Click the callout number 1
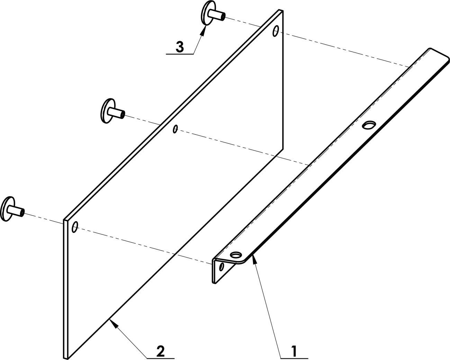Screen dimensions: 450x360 (294, 351)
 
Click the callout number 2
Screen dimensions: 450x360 (160, 351)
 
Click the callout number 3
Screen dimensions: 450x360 (180, 47)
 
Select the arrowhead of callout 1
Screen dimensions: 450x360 (254, 259)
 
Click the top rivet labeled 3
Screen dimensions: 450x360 (212, 14)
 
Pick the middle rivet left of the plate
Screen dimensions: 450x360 (112, 111)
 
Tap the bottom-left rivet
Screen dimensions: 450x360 (12, 209)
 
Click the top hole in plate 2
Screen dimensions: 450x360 (276, 31)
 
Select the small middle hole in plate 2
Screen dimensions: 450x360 (175, 129)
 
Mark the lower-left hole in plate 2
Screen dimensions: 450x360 (75, 227)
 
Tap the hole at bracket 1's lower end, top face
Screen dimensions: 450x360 (236, 255)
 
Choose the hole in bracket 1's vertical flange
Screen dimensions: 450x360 (222, 267)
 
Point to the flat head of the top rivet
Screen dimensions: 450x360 (205, 13)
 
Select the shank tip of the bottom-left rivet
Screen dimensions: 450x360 (22, 213)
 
